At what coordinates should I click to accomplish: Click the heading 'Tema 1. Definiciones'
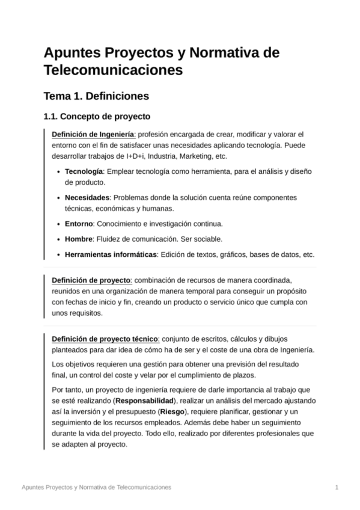coord(96,96)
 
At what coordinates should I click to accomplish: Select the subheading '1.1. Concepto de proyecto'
coord(97,116)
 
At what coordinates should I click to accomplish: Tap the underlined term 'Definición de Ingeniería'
coord(93,134)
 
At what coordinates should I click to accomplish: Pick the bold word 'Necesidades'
coord(87,197)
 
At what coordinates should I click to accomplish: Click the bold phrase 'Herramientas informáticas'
coord(111,254)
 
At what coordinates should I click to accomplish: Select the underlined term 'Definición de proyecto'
coord(91,280)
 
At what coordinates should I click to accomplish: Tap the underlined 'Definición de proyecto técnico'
coord(105,339)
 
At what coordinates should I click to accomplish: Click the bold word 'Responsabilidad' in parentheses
coord(145,400)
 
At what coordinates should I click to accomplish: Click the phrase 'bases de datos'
coord(261,254)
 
